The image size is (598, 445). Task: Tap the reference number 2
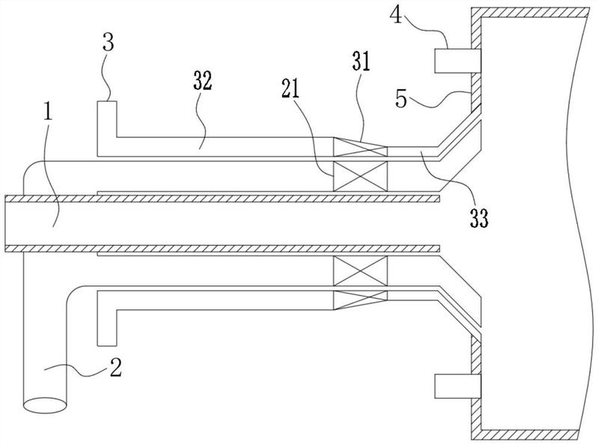(115, 368)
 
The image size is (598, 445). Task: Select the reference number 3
(109, 43)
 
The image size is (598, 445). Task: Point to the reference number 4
(397, 15)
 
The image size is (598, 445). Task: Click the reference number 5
(402, 99)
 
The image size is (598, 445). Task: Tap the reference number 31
(361, 63)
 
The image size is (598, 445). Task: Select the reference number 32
(203, 82)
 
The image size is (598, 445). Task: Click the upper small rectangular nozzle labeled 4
(457, 61)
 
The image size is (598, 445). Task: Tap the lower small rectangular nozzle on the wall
(457, 387)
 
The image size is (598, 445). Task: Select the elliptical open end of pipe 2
(45, 405)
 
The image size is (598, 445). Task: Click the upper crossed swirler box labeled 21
(361, 176)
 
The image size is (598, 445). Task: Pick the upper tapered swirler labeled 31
(361, 147)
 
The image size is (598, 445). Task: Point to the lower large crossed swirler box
(361, 270)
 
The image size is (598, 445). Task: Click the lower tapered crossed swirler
(361, 300)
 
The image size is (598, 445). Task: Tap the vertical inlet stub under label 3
(107, 128)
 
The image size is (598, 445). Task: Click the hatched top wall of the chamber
(530, 12)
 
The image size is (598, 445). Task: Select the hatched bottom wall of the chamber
(530, 435)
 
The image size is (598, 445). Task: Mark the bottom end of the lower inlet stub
(107, 346)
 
